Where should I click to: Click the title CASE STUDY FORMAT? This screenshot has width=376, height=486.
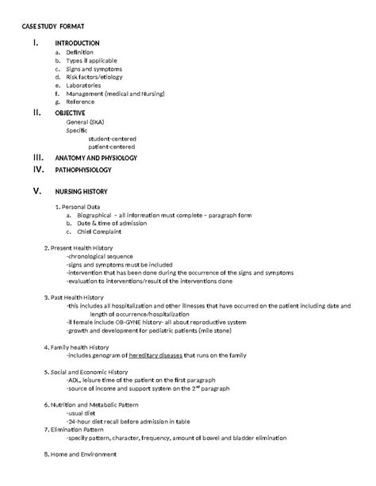pos(59,27)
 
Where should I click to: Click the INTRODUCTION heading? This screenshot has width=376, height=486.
pos(77,42)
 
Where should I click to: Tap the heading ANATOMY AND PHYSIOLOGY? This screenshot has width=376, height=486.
pos(96,158)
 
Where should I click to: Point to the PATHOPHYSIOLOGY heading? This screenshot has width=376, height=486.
pos(82,170)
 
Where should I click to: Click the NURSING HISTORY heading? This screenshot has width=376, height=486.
pos(81,192)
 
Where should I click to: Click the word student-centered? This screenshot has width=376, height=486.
pos(113,139)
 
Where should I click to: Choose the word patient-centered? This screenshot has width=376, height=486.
pos(112,147)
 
